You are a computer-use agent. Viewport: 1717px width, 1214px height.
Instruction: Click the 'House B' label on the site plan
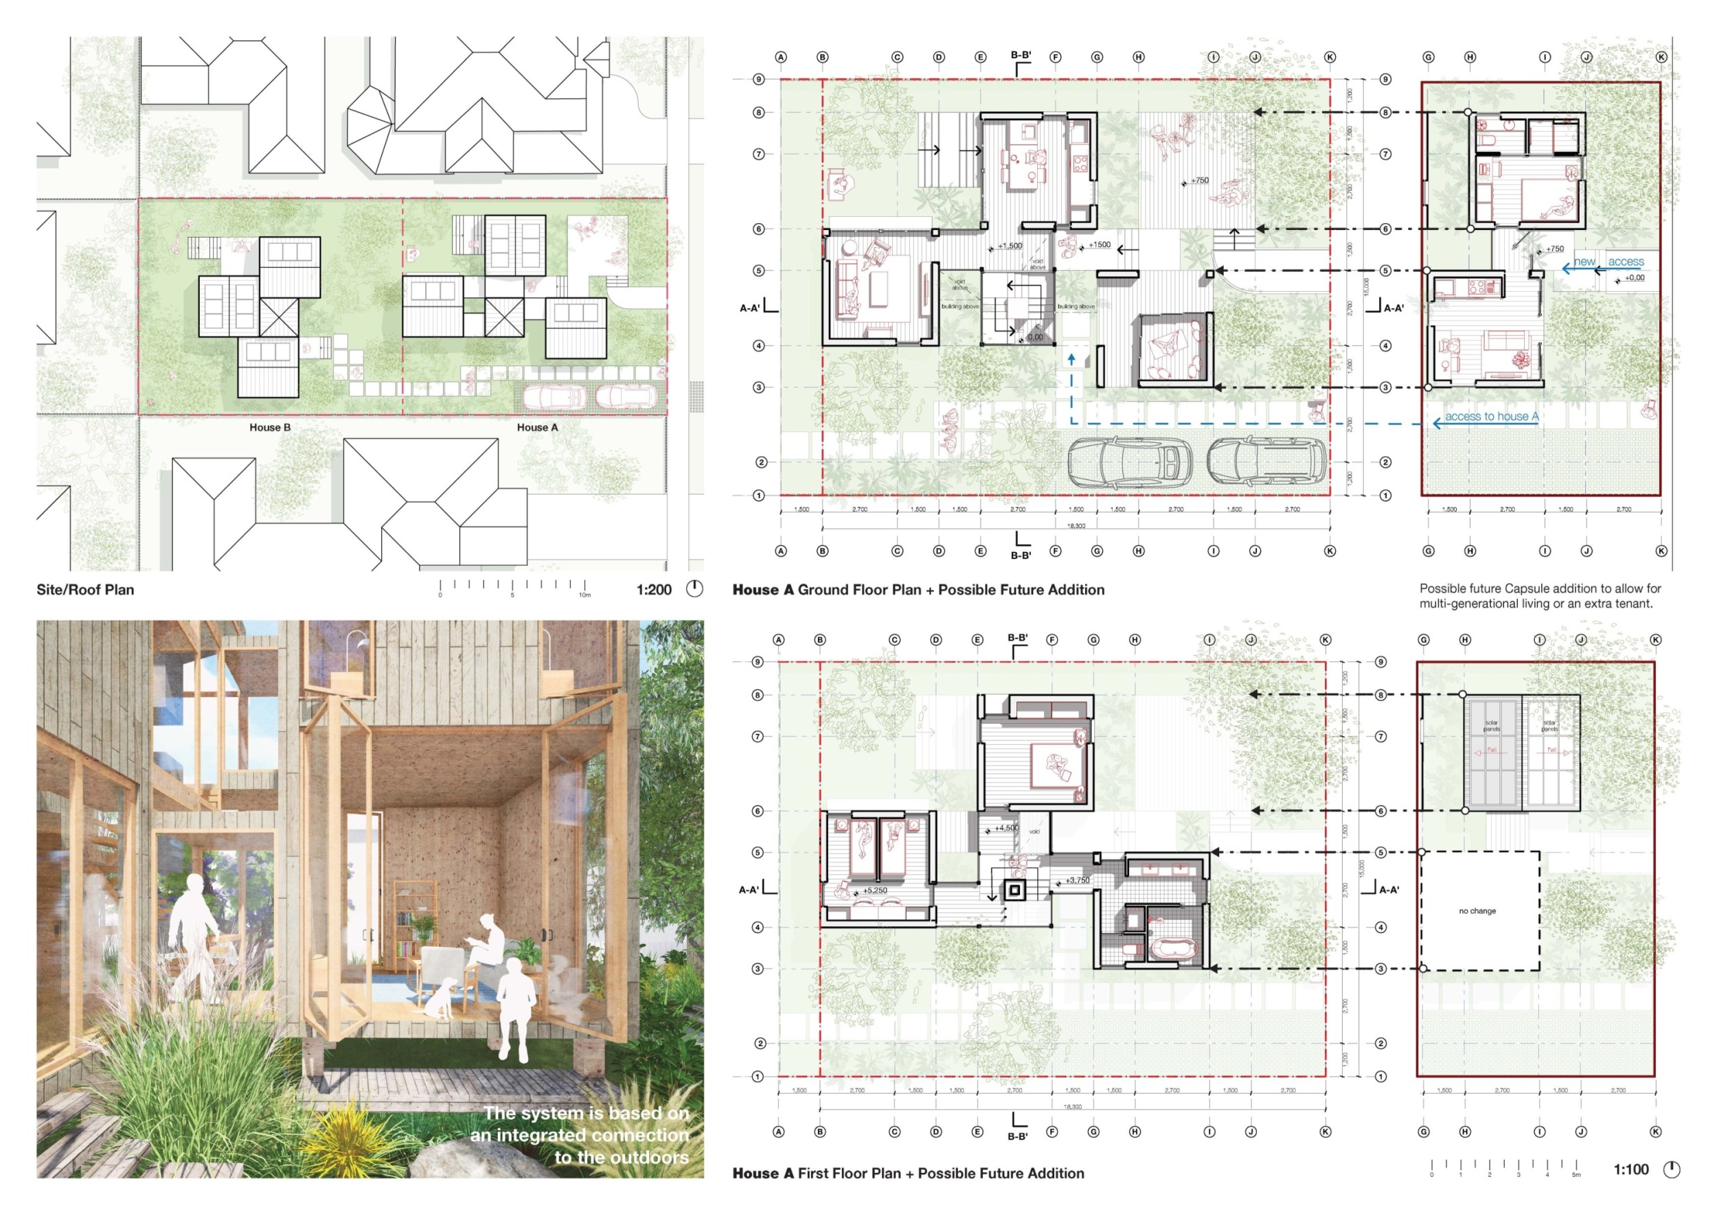coord(270,428)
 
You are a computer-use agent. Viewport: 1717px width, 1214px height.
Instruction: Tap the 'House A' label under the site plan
coord(537,428)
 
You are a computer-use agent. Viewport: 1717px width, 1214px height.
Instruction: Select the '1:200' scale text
coord(654,590)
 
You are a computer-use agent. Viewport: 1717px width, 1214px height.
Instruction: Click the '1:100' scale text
coord(1630,1170)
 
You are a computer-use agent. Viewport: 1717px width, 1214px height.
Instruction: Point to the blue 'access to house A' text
coord(1491,416)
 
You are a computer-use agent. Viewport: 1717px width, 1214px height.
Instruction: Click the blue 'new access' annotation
coord(1608,262)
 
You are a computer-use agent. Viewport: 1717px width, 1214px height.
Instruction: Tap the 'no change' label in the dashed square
coord(1477,911)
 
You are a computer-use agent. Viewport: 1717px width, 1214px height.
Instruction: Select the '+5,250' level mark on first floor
coord(874,891)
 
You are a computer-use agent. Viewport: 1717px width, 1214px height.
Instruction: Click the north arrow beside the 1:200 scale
coord(695,589)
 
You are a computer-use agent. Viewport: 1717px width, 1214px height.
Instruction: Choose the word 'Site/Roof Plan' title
coord(85,590)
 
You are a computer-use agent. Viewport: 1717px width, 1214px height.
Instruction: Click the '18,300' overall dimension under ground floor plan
coord(1076,526)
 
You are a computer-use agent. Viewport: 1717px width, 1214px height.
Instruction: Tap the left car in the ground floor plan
coord(1129,461)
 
